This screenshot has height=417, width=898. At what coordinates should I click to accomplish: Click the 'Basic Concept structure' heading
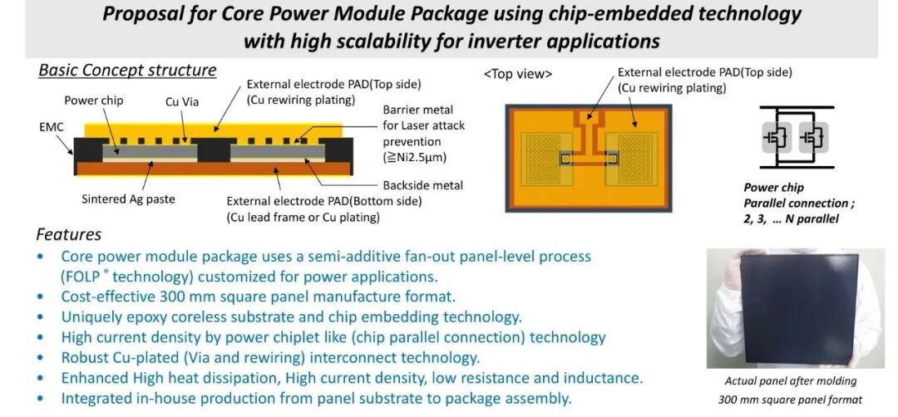coord(127,71)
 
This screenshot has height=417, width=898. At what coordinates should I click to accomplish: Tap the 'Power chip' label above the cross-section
coord(93,101)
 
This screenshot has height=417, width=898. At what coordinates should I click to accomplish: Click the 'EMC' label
coord(51,127)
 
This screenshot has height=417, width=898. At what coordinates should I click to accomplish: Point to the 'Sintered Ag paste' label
coord(128,199)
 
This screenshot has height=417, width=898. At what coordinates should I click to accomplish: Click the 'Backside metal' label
coord(422,184)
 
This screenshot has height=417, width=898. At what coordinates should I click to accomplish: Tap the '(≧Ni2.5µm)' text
coord(414,157)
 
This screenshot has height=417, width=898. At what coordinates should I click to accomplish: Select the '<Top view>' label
coord(518,75)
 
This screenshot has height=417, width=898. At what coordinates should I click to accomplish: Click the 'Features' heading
coord(69,234)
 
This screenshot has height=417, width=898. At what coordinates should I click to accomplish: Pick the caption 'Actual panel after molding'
coord(791,381)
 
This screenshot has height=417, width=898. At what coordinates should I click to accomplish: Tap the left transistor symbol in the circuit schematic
coord(777,137)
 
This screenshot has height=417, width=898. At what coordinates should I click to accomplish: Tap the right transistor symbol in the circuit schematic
coord(813,137)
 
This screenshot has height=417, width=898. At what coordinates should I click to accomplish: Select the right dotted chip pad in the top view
coord(635,159)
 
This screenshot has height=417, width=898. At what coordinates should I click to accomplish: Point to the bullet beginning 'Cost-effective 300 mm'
coord(259,297)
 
